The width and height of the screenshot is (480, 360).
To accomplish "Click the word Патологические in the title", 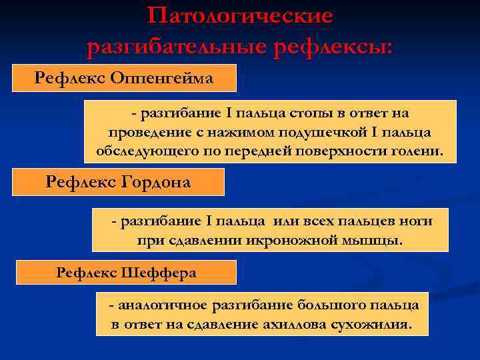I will click(x=240, y=16).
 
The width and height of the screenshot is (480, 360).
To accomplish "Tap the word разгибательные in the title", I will click(x=173, y=47).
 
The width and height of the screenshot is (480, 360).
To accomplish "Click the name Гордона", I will click(x=156, y=181).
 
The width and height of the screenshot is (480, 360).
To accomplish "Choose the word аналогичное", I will click(x=163, y=305).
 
